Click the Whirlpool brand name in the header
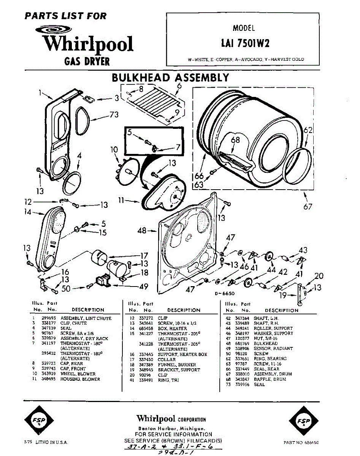pyautogui.click(x=88, y=44)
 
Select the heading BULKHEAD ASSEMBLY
pyautogui.click(x=170, y=78)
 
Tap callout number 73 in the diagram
pyautogui.click(x=114, y=115)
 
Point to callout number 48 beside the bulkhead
pyautogui.click(x=142, y=231)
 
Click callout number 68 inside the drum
pyautogui.click(x=235, y=140)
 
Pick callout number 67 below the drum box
pyautogui.click(x=308, y=206)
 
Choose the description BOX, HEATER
pyautogui.click(x=172, y=328)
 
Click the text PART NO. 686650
pyautogui.click(x=301, y=442)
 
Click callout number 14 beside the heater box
pyautogui.click(x=27, y=213)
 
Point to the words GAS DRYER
pyautogui.click(x=87, y=62)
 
